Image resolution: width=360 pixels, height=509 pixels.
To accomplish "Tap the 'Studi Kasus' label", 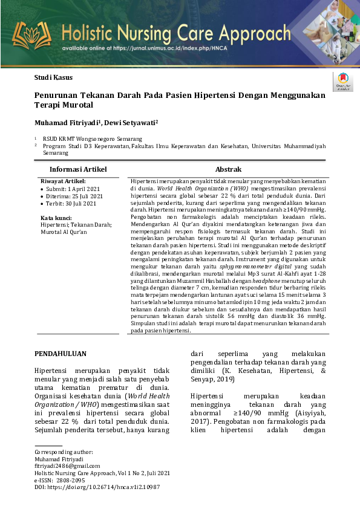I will pos(52,78).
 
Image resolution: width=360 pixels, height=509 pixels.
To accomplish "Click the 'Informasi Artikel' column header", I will pos(77,169).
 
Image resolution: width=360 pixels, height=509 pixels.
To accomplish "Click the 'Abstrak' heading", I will pos(228,169).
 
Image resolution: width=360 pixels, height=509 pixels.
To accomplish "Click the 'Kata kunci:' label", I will pos(56,217).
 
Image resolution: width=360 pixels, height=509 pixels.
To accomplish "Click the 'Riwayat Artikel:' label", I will pos(63,181).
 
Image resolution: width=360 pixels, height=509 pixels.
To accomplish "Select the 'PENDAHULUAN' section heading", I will pos(61,354).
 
